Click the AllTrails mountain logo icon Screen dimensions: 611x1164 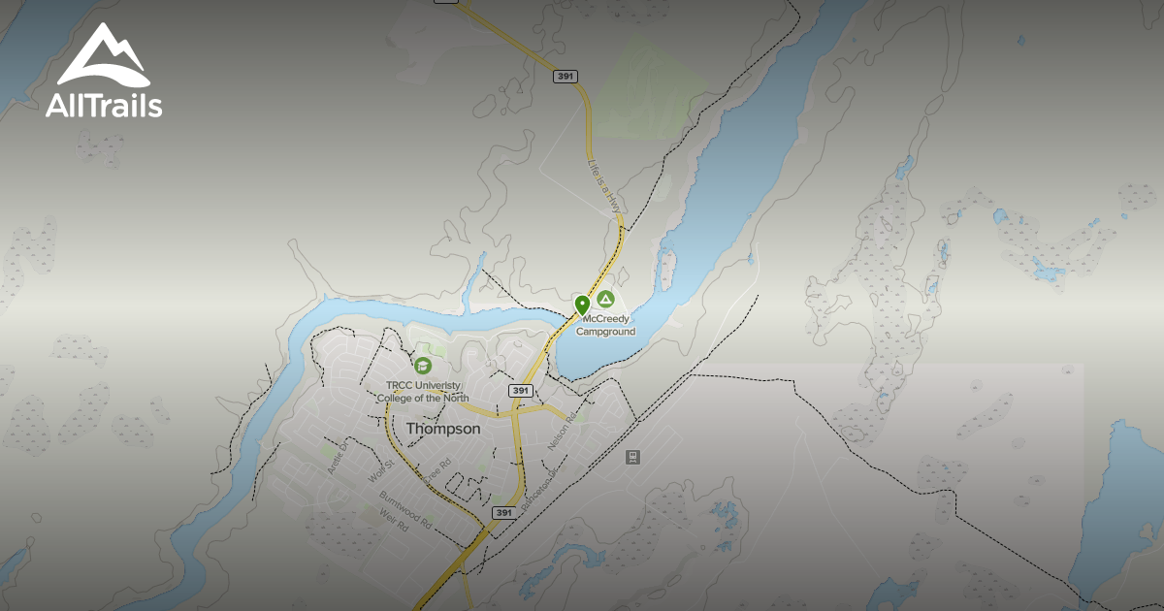point(103,56)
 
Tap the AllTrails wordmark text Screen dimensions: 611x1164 point(103,105)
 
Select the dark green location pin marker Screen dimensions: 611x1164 point(582,305)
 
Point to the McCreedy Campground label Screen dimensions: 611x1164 point(607,325)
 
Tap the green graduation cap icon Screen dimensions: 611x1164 point(423,366)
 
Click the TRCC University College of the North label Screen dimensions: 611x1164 point(423,392)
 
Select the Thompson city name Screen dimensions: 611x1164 point(442,428)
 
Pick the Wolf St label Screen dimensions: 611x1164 point(377,472)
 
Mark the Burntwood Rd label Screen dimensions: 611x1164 point(404,509)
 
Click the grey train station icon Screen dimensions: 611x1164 point(632,457)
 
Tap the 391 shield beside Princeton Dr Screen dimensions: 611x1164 point(502,512)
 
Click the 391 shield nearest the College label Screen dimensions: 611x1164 point(521,390)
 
